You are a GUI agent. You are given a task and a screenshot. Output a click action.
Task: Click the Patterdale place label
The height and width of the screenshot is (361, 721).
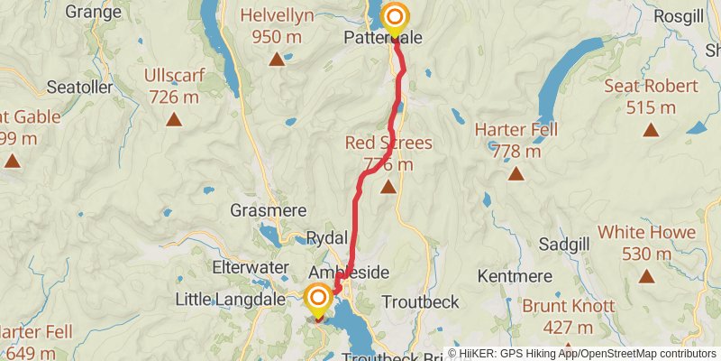click(383, 38)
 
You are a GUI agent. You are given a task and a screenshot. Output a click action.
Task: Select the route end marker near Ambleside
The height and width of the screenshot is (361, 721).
click(319, 299)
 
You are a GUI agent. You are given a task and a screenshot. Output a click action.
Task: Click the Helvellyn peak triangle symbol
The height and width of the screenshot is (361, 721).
click(277, 60)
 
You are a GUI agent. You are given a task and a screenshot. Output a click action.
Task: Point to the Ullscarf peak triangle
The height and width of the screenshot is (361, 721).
click(173, 118)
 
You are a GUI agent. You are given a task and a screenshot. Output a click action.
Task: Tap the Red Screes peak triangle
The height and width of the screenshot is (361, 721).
click(388, 187)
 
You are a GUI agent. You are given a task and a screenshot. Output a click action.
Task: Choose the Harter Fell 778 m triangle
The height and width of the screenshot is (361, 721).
click(516, 173)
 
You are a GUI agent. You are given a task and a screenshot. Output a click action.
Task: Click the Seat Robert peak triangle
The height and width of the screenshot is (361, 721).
click(651, 130)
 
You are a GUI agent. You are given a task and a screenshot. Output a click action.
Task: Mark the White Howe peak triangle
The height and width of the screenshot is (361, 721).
click(647, 276)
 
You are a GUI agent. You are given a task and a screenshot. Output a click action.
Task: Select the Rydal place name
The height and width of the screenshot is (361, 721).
click(326, 236)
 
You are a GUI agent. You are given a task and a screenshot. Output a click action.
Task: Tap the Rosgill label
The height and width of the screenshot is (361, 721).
click(653, 17)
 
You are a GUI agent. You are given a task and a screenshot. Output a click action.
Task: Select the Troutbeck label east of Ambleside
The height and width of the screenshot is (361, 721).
click(421, 301)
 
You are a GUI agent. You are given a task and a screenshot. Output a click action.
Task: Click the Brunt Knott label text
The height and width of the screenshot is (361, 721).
click(569, 306)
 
